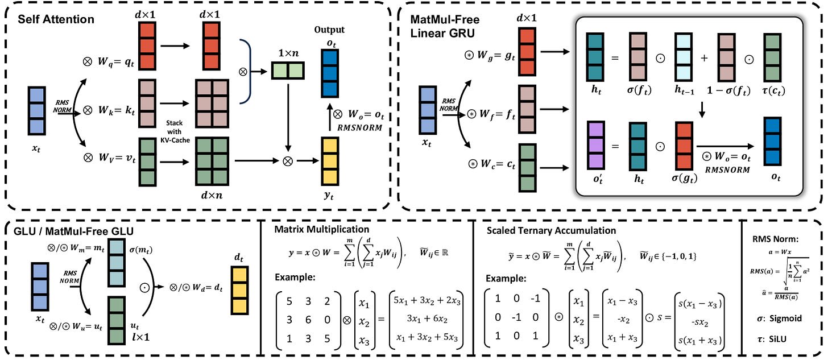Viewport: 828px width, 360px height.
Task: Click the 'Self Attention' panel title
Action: click(56, 19)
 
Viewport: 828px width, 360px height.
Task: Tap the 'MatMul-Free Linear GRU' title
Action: click(445, 26)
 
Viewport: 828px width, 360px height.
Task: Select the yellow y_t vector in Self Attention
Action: click(330, 162)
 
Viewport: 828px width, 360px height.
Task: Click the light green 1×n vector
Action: click(288, 71)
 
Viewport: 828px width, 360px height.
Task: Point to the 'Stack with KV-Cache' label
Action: click(175, 131)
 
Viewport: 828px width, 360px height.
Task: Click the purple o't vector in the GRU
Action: click(596, 145)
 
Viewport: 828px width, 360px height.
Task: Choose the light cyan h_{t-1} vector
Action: click(684, 57)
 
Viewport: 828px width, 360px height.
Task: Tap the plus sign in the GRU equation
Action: click(705, 58)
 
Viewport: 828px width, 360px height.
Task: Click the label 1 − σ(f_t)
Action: click(728, 90)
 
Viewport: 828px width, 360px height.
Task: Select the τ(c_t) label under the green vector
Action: click(773, 90)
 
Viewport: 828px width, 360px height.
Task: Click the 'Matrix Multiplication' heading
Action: click(322, 229)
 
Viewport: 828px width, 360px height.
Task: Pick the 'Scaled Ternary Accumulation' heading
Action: click(551, 230)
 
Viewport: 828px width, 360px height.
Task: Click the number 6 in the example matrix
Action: click(308, 320)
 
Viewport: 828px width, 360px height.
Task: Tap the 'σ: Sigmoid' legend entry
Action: click(779, 318)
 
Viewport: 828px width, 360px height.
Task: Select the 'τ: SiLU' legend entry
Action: click(772, 339)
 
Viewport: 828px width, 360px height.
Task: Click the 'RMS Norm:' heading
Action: click(775, 239)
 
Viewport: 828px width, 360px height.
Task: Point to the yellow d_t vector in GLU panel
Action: click(239, 291)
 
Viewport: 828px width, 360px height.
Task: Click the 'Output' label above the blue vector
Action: click(329, 30)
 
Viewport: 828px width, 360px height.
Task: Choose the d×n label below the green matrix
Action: click(212, 195)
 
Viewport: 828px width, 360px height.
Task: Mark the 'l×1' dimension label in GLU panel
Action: click(140, 337)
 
